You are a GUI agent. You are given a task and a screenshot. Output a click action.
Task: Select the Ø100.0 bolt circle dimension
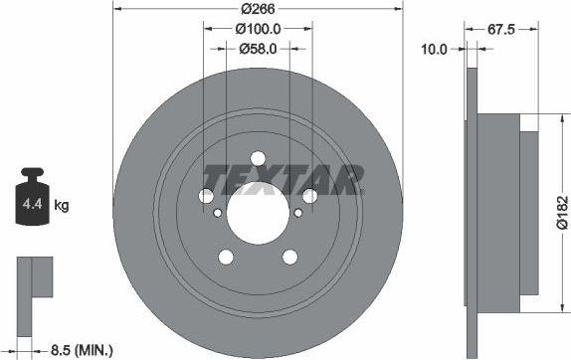pyautogui.click(x=257, y=29)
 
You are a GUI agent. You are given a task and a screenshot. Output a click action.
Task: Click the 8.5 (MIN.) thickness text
pyautogui.click(x=81, y=350)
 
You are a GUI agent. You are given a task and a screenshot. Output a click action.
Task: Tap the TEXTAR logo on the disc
pyautogui.click(x=282, y=179)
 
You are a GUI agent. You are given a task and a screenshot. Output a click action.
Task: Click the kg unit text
pyautogui.click(x=61, y=206)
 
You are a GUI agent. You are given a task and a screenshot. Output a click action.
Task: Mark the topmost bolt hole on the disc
pyautogui.click(x=258, y=158)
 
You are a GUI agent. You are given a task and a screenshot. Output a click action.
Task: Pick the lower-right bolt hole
pyautogui.click(x=289, y=256)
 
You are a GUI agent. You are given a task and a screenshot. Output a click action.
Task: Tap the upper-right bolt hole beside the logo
pyautogui.click(x=309, y=196)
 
